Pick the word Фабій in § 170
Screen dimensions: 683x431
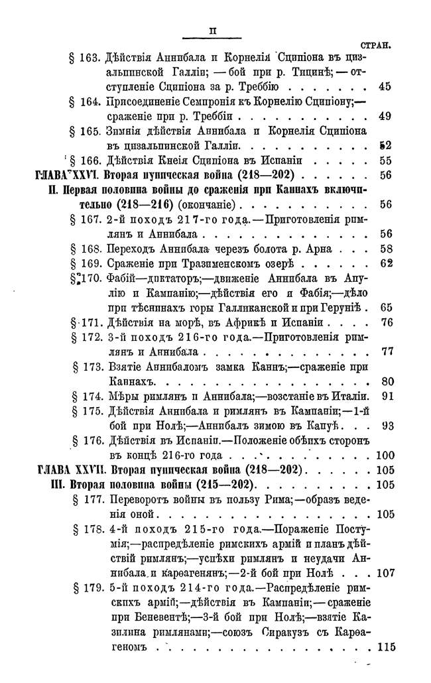pyautogui.click(x=120, y=278)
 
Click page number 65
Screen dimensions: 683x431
pyautogui.click(x=387, y=307)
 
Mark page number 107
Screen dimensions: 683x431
pyautogui.click(x=384, y=572)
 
